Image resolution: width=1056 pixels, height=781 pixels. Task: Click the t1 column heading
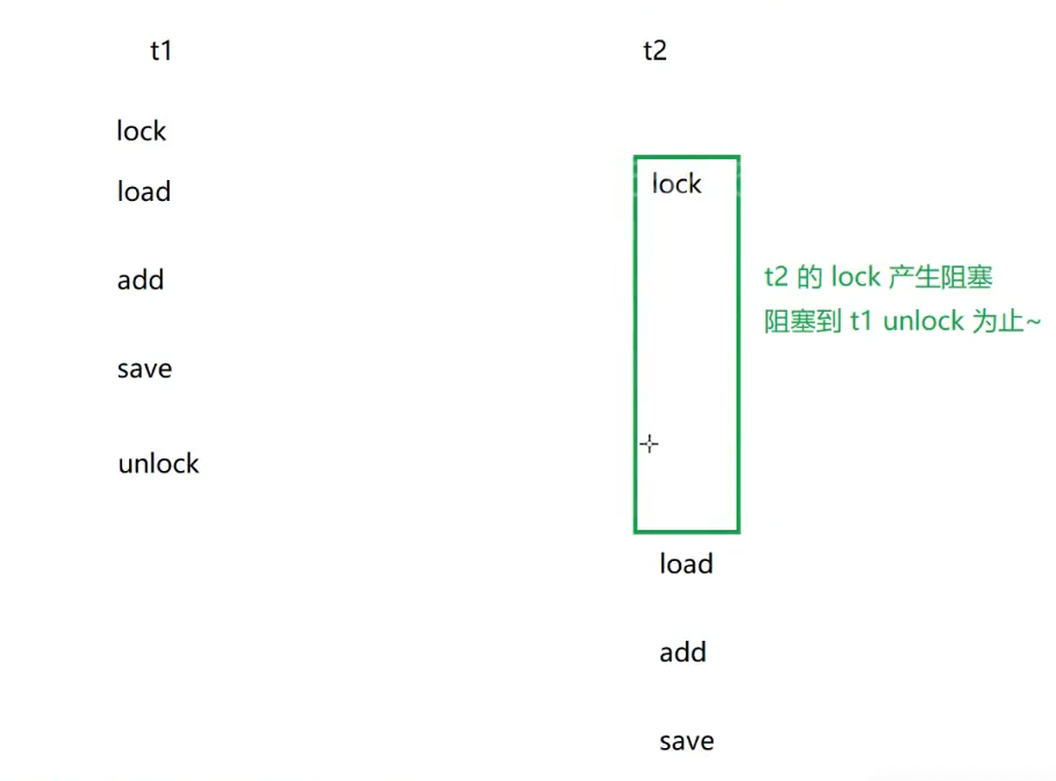[161, 51]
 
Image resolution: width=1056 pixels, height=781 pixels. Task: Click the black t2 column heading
[655, 51]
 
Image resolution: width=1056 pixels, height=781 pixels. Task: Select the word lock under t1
[141, 132]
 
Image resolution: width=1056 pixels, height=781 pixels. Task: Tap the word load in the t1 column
[144, 191]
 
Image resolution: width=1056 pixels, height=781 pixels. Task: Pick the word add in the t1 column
[140, 281]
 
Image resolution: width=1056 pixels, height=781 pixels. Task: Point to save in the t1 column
[145, 369]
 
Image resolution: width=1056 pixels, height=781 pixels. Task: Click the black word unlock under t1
[159, 464]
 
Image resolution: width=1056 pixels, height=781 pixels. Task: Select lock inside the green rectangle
[677, 184]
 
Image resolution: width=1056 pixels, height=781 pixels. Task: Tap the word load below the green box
[686, 565]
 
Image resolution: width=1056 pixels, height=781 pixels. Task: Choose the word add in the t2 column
[683, 652]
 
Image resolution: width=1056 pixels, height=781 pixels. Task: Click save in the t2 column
[687, 741]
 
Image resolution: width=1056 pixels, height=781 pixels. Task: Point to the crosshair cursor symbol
[649, 444]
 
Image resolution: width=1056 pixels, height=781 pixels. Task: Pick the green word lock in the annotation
[855, 278]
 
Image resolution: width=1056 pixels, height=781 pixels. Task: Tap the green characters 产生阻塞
[941, 278]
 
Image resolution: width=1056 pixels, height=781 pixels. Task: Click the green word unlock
[923, 321]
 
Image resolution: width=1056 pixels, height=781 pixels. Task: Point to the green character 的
[810, 278]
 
